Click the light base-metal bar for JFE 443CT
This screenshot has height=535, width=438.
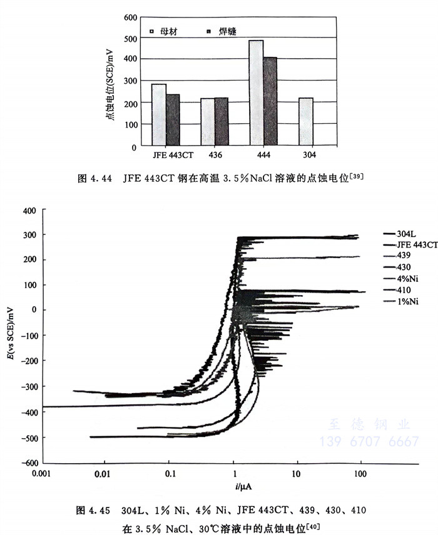[159, 115]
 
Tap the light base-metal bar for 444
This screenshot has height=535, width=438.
[256, 93]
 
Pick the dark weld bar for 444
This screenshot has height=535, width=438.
[270, 102]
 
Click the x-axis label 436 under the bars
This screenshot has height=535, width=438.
[215, 155]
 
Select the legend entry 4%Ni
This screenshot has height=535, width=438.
[403, 279]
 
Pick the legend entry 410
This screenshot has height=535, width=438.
[400, 291]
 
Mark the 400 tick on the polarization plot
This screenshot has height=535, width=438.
[30, 211]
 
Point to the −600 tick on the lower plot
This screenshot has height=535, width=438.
[28, 462]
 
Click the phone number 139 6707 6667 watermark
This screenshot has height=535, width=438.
[369, 441]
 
